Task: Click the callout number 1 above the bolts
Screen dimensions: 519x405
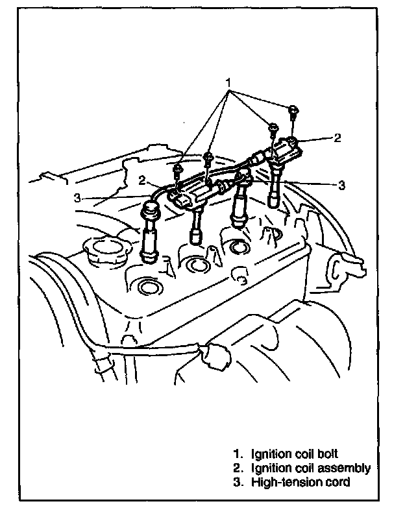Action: (x=228, y=84)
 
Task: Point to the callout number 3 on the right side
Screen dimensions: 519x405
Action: (x=342, y=184)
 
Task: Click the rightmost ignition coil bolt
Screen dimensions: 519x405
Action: (x=293, y=111)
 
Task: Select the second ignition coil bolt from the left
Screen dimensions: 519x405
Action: (x=208, y=158)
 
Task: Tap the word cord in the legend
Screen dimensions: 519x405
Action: (x=337, y=482)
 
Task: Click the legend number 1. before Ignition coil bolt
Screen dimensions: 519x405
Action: (x=238, y=453)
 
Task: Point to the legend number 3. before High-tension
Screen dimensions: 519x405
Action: (x=238, y=482)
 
